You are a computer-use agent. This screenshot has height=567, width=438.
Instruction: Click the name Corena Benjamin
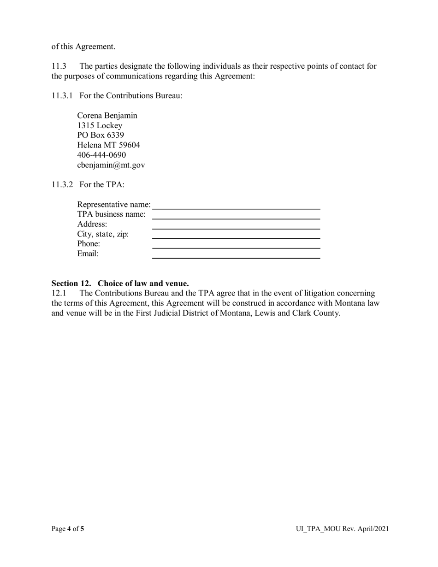coord(107,116)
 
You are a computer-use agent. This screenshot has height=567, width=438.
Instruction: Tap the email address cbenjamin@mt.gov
coord(111,165)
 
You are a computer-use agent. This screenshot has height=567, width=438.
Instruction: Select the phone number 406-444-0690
coord(101,155)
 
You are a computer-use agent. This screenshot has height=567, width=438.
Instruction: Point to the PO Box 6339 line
coord(101,135)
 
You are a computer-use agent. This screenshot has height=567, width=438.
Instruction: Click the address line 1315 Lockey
coord(100,125)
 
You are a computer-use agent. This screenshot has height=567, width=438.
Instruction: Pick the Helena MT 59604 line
coord(108,145)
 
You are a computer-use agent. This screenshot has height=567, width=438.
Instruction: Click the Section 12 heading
coord(120,283)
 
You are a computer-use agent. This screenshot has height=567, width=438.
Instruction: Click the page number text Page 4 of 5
coord(68,529)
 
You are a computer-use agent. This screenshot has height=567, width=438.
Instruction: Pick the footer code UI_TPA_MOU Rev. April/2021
coord(342,529)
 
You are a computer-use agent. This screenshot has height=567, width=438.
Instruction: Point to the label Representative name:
coord(114,205)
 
